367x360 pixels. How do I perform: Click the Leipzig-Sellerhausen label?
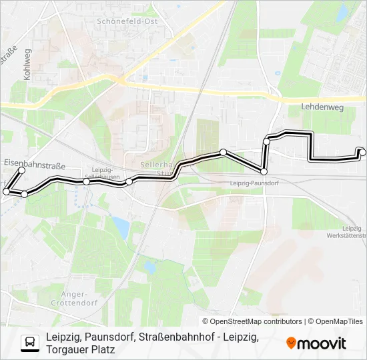106,173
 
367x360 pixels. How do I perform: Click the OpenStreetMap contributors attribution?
252,321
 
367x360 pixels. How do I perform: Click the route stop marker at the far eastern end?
362,152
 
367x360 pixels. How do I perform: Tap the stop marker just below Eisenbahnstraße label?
21,171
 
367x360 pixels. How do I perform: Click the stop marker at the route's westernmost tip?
6,191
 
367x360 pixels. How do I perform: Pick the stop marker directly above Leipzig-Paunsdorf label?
264,172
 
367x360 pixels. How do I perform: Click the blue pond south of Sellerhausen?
121,227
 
